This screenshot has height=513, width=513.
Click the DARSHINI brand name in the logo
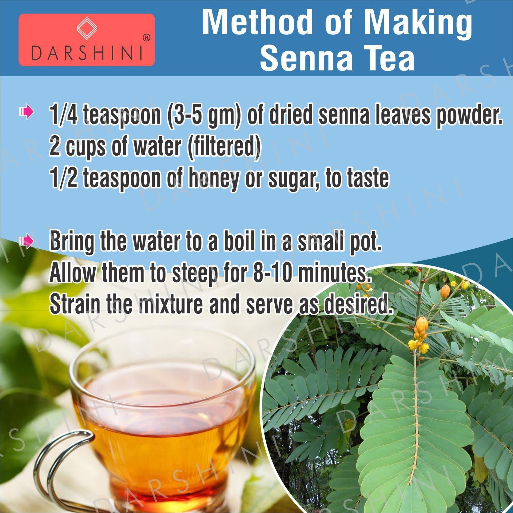[x=87, y=53]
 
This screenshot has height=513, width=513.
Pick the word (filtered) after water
[x=224, y=147]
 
